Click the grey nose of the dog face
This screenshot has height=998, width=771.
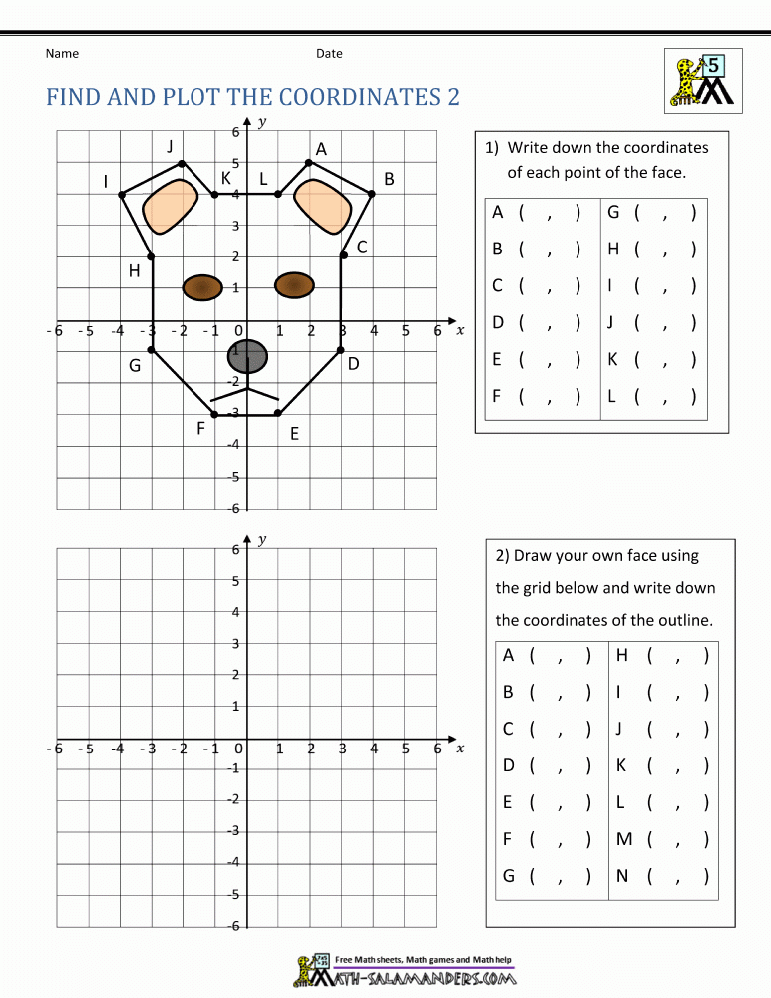pos(249,356)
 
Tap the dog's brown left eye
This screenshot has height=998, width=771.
pos(202,287)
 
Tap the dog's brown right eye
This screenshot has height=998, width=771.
pos(294,285)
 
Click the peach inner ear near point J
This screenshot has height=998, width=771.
pos(170,207)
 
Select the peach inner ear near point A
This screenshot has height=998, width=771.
pos(324,207)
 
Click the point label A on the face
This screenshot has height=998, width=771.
pos(321,149)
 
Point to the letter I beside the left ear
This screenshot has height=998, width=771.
pos(105,181)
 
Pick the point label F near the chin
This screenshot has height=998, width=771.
pos(201,429)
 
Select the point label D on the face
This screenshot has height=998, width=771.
pos(353,365)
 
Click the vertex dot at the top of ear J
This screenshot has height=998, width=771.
pos(181,163)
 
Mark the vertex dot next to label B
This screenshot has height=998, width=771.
pos(372,194)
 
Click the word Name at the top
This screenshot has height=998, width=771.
pos(62,53)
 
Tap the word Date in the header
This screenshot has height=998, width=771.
pos(329,53)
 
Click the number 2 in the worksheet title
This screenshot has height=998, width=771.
pos(453,97)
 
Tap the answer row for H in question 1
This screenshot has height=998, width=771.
pos(652,249)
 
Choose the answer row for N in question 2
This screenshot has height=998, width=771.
pos(663,876)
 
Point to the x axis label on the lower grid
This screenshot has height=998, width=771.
pos(460,748)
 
